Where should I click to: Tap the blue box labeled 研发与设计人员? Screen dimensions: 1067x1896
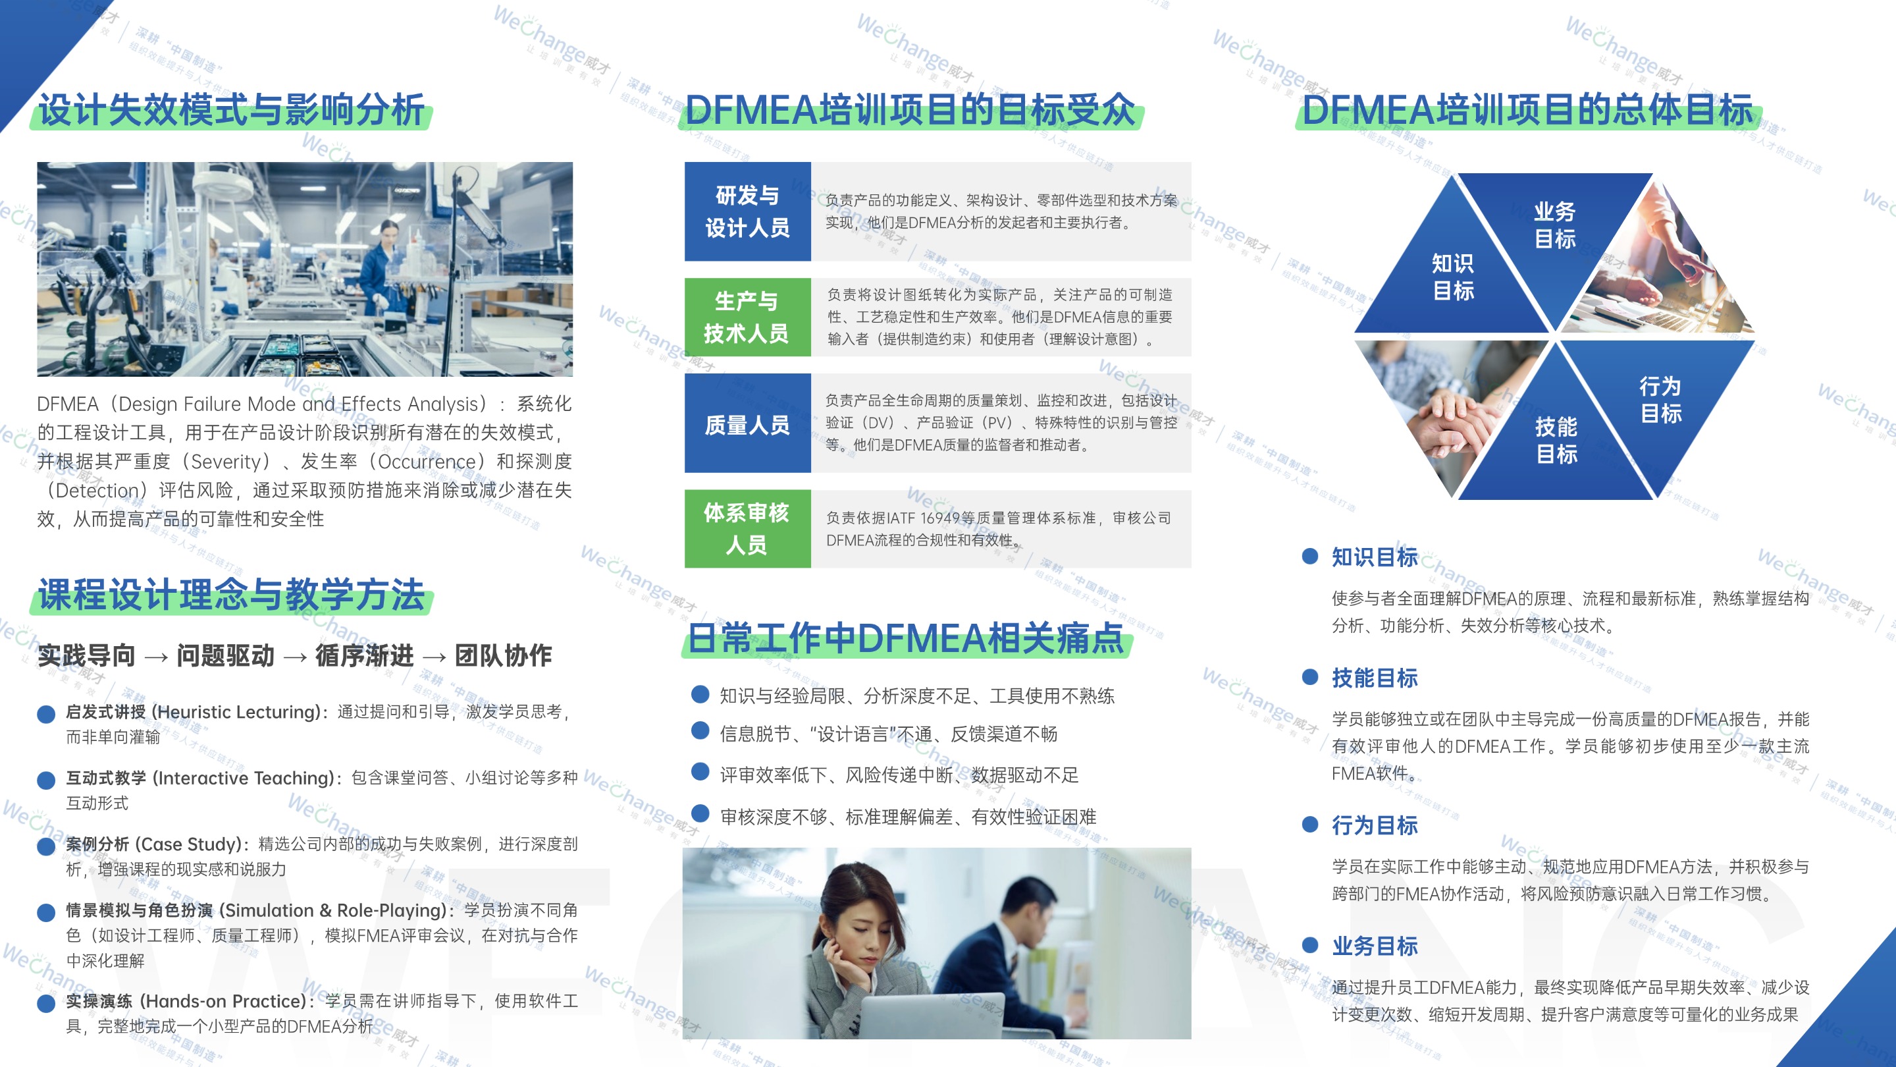pyautogui.click(x=747, y=211)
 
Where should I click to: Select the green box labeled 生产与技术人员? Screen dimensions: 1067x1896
pyautogui.click(x=747, y=317)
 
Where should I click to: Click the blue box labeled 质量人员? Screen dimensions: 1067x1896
pyautogui.click(x=747, y=424)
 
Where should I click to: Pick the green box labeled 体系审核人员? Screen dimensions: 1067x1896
pyautogui.click(x=747, y=529)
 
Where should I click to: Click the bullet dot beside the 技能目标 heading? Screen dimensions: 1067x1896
pyautogui.click(x=1309, y=678)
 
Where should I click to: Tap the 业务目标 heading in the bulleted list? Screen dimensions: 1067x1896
pyautogui.click(x=1374, y=946)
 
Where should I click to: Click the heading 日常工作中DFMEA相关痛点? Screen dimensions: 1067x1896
pyautogui.click(x=905, y=638)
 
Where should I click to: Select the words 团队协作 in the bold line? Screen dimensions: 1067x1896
pyautogui.click(x=504, y=655)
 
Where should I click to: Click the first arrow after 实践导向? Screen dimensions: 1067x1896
pyautogui.click(x=156, y=656)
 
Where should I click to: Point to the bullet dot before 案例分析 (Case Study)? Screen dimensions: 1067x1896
pyautogui.click(x=46, y=846)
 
